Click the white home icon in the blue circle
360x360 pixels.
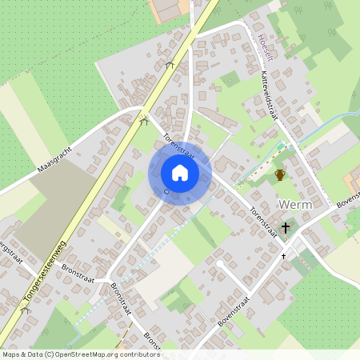click(x=180, y=173)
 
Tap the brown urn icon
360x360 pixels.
click(x=280, y=174)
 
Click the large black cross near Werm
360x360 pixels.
click(x=286, y=228)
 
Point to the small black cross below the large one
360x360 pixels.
click(x=283, y=256)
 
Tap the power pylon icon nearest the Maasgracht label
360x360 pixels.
click(x=144, y=122)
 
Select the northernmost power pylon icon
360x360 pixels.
click(x=169, y=66)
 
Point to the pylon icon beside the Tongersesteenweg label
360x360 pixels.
click(x=26, y=310)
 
